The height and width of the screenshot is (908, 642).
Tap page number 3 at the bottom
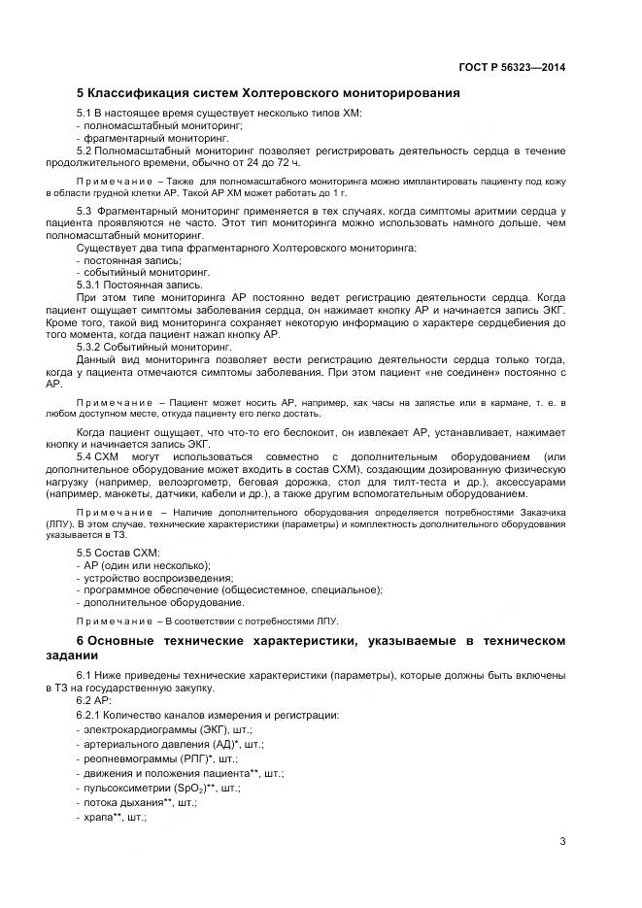click(x=562, y=842)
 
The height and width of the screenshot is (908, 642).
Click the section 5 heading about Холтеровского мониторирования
click(x=268, y=94)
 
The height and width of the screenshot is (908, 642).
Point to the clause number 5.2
click(x=84, y=151)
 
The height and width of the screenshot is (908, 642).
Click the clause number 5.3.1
click(x=90, y=285)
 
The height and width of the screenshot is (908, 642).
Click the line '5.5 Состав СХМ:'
click(x=119, y=552)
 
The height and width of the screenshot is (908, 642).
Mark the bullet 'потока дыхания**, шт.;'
click(x=147, y=804)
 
